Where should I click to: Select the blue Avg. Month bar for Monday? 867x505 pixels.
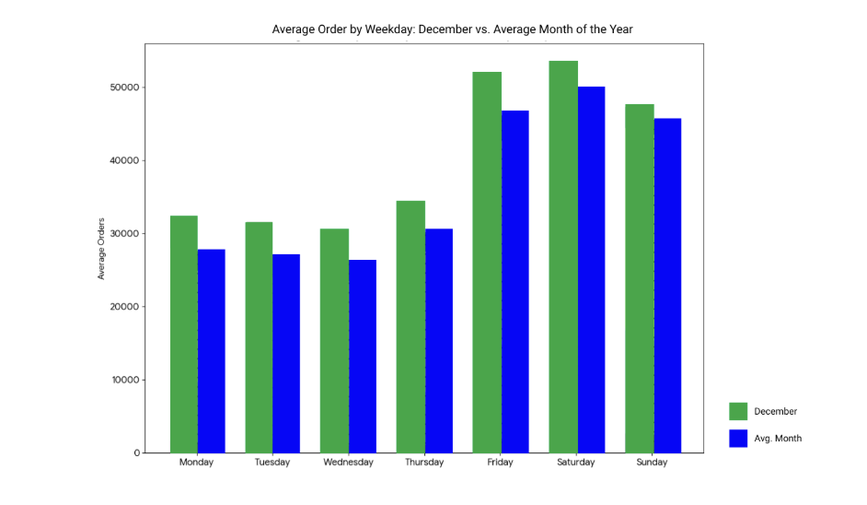tap(212, 350)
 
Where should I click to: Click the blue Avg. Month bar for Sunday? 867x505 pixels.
tap(667, 286)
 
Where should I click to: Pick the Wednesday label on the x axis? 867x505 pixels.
tap(348, 463)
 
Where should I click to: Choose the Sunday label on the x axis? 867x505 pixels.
tap(652, 463)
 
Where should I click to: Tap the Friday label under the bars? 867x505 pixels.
tap(501, 463)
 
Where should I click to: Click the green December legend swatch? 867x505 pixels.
tap(738, 411)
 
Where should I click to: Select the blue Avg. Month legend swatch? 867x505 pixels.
tap(738, 439)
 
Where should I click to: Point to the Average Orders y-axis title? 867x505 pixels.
tap(101, 249)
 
